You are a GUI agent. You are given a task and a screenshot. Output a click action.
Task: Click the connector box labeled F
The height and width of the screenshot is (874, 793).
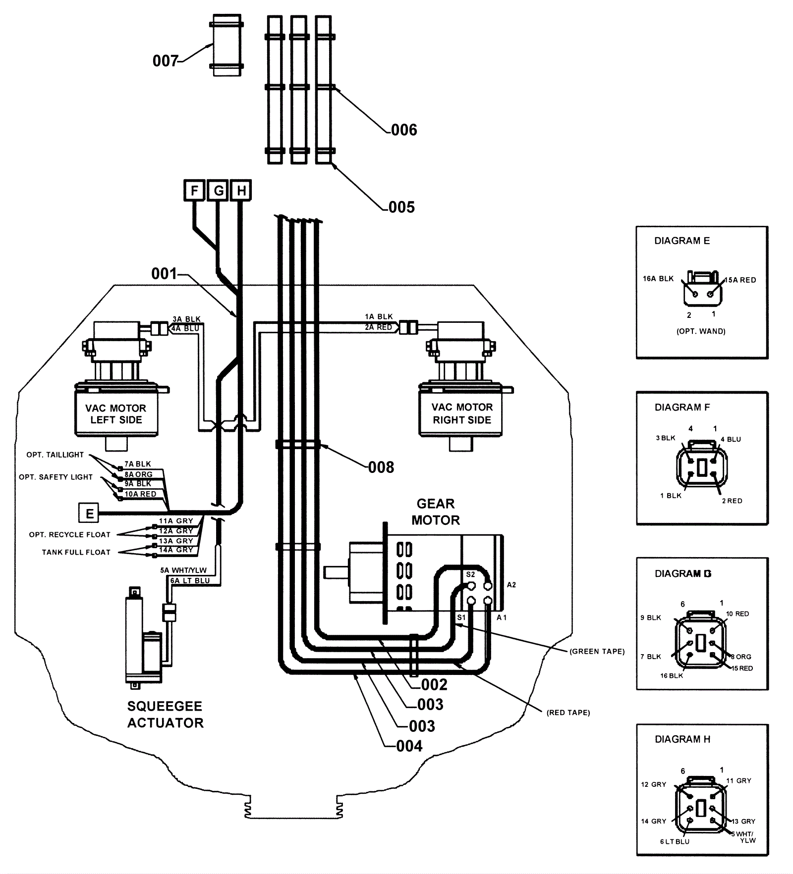(x=194, y=191)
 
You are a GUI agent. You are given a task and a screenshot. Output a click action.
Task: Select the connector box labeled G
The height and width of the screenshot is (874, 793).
(x=218, y=191)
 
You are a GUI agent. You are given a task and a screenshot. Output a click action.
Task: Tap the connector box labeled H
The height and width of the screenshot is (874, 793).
(x=241, y=191)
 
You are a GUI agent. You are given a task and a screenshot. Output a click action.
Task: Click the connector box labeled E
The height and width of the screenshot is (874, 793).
(x=89, y=513)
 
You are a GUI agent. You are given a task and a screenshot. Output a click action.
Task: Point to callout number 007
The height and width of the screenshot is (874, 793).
(x=165, y=61)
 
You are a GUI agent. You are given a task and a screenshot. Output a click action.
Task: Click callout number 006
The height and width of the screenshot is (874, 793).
(x=404, y=130)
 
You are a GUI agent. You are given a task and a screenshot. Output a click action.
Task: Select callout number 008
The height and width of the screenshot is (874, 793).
(x=381, y=467)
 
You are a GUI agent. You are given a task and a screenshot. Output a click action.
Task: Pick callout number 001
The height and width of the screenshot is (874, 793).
(x=164, y=273)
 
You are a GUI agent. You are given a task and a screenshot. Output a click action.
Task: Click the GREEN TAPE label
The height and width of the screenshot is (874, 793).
(x=597, y=651)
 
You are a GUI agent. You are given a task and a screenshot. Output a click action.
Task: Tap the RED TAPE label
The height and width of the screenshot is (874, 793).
(x=568, y=713)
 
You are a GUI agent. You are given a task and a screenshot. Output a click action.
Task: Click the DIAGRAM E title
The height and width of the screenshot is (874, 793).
(x=682, y=241)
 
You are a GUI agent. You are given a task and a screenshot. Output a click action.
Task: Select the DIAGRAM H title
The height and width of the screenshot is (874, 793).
(x=682, y=739)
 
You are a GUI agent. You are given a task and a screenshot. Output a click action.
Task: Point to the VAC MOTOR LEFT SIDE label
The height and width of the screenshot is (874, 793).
(x=116, y=414)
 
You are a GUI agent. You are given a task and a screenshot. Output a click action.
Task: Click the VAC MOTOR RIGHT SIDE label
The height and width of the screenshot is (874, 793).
(x=462, y=413)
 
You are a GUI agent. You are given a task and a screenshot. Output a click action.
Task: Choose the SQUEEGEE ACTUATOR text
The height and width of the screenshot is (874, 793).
(x=166, y=715)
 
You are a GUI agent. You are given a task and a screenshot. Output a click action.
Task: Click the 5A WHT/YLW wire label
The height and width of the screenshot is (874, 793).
(x=183, y=570)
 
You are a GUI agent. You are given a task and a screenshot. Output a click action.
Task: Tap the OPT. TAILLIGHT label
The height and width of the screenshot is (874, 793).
(x=55, y=455)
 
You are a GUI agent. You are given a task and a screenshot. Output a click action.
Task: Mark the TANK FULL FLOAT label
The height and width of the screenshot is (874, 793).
(x=76, y=552)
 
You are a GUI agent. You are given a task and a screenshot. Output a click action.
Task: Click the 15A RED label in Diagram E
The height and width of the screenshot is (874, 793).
(x=741, y=280)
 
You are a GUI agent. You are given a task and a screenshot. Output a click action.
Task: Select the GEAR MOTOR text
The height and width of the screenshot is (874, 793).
(x=436, y=512)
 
